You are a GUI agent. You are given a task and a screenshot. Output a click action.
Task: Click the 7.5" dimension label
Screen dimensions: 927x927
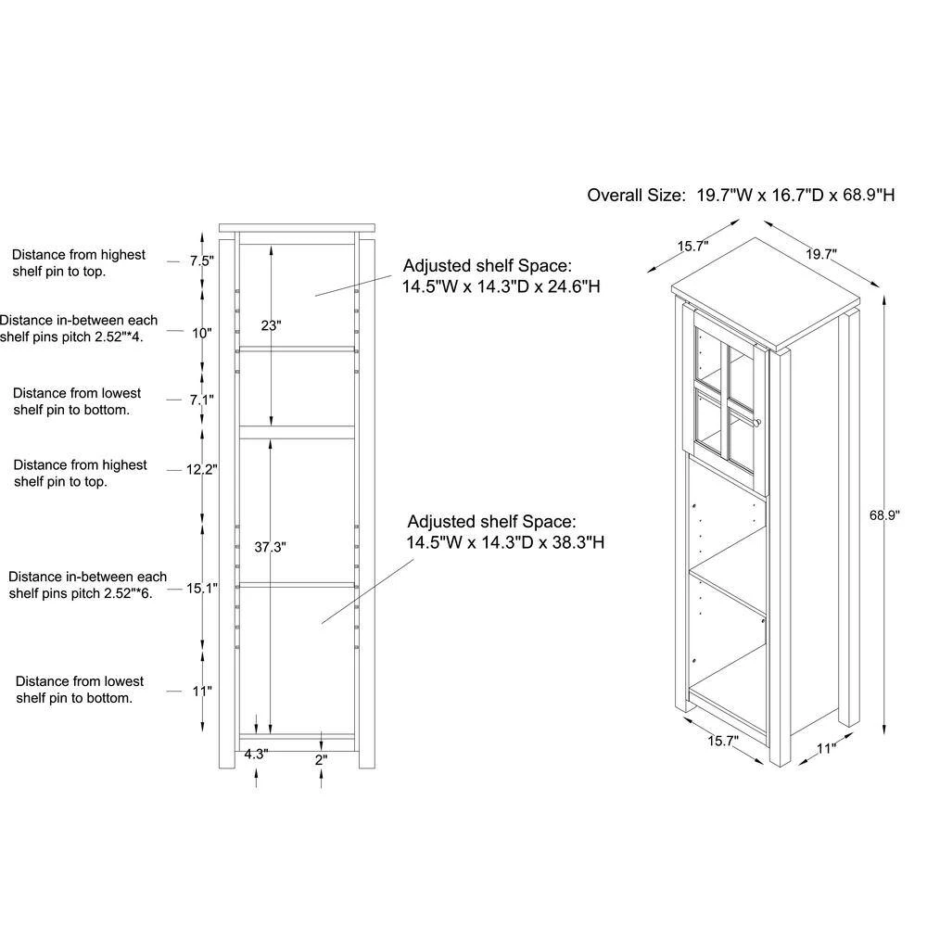[x=201, y=260]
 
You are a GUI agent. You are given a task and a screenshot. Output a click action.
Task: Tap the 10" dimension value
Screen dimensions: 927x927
[x=201, y=333]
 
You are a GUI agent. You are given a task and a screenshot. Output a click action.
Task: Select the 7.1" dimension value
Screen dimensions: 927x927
[x=201, y=400]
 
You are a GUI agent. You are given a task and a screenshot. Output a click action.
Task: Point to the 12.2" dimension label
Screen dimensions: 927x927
[x=201, y=470]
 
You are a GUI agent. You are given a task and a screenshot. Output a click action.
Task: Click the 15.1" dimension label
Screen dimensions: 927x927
[x=202, y=589]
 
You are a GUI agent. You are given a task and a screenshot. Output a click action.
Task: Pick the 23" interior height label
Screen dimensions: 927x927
[x=271, y=325]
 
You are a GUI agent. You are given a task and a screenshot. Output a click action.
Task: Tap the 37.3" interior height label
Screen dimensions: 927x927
[x=270, y=548]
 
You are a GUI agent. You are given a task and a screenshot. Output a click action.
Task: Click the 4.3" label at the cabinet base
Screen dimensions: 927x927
[x=256, y=755]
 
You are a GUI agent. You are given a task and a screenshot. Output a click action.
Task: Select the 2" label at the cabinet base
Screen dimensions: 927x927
[x=321, y=760]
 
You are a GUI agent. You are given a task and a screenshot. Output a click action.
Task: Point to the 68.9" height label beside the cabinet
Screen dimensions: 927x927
[x=883, y=515]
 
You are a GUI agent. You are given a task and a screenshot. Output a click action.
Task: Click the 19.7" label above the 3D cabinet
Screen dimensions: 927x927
[x=821, y=254]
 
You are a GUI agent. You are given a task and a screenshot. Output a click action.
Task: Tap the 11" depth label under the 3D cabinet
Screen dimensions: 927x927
[x=827, y=748]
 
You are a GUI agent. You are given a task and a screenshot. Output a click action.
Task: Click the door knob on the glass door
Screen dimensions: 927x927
[x=758, y=422]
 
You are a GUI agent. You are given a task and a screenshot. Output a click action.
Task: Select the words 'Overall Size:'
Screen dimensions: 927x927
[x=636, y=195]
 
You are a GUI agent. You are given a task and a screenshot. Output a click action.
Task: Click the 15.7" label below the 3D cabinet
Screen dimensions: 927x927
[x=723, y=741]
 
